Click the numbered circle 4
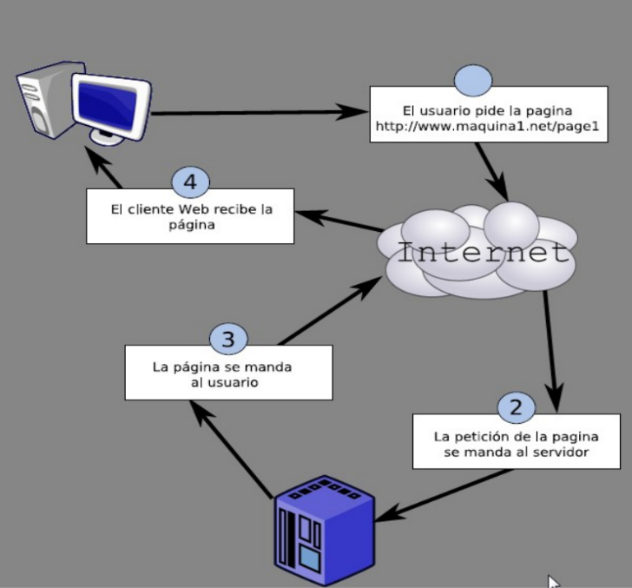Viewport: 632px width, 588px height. (191, 182)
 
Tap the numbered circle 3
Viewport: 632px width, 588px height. (228, 339)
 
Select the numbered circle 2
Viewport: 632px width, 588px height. (516, 406)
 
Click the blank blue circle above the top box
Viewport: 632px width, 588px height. (473, 81)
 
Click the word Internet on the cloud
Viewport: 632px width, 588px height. (483, 253)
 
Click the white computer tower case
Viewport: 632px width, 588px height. (44, 100)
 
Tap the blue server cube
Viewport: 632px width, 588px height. (324, 531)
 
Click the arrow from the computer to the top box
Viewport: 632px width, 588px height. (260, 112)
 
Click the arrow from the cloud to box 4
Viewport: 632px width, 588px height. (338, 218)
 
